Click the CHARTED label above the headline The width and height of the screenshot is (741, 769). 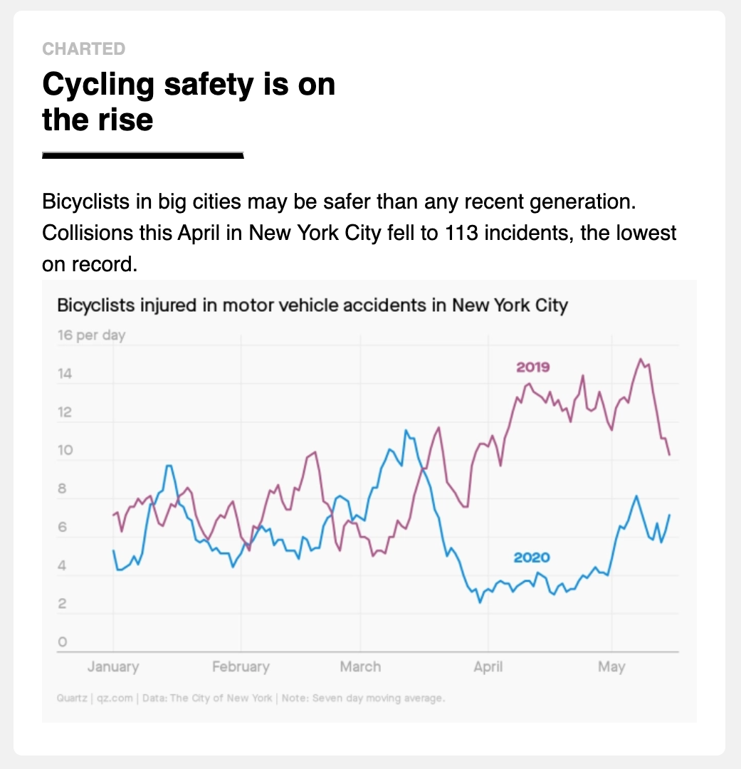tap(83, 49)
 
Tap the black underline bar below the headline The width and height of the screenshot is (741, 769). tap(143, 155)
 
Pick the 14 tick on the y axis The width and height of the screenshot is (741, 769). tap(65, 374)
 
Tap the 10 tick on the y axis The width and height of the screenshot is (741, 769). tap(65, 451)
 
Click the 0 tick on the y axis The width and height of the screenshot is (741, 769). tap(62, 642)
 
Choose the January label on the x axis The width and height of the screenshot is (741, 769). tap(113, 667)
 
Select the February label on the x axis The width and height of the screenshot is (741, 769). tap(241, 667)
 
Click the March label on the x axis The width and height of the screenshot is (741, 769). tap(360, 667)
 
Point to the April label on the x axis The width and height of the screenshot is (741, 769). tap(488, 667)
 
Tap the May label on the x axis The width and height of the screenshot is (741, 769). tap(611, 667)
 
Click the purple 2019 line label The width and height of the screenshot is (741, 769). tap(533, 367)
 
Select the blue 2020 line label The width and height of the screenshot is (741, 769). tap(532, 558)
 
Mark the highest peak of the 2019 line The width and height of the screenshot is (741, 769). tap(641, 359)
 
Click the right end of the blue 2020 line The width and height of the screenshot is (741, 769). tap(670, 515)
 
